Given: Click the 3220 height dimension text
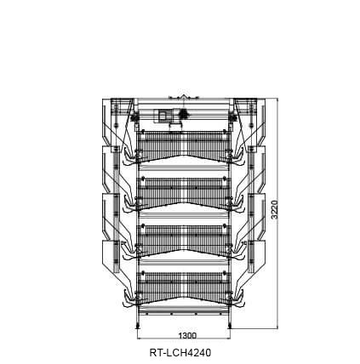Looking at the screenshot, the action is tap(274, 210).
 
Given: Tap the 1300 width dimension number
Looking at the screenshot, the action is tap(187, 336).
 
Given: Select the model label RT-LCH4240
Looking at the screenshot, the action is tap(180, 353).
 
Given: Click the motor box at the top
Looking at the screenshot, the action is tap(163, 116).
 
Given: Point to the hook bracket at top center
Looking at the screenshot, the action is tap(184, 97).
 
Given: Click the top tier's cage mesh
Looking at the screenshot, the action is tap(184, 144).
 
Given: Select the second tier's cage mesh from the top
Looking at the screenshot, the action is tap(184, 191).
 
